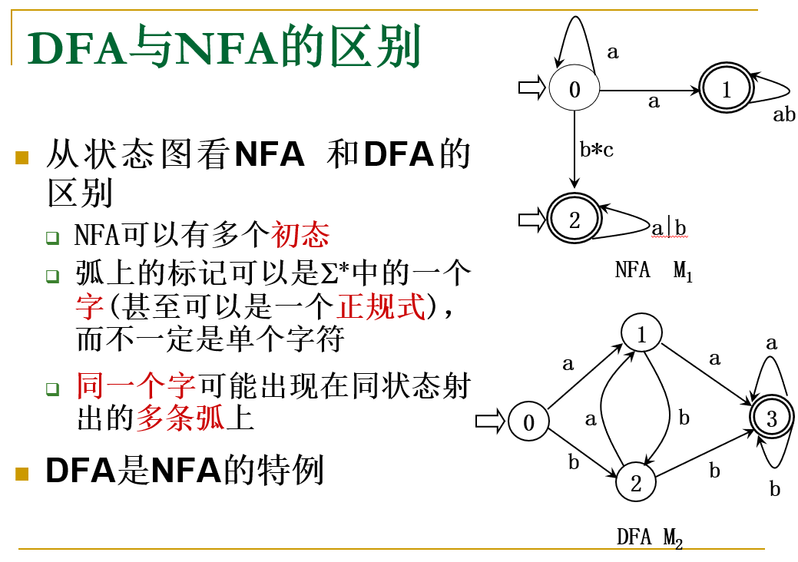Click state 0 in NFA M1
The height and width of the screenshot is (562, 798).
[x=574, y=89]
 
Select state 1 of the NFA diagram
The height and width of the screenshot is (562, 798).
[x=726, y=90]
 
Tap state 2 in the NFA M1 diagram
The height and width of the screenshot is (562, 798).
[x=574, y=220]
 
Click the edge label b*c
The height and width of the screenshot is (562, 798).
[x=597, y=150]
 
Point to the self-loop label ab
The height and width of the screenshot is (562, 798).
[x=783, y=115]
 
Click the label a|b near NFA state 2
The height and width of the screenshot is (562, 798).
[x=669, y=228]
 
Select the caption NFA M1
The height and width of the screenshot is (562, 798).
[x=654, y=271]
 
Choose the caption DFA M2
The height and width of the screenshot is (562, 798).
[x=649, y=537]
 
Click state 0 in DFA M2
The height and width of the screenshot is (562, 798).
[x=528, y=421]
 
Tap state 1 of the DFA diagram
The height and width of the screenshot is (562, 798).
[x=642, y=334]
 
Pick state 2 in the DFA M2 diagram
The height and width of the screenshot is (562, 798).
[x=636, y=483]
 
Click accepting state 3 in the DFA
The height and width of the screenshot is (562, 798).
[x=771, y=418]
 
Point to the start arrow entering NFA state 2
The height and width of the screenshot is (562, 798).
[x=531, y=220]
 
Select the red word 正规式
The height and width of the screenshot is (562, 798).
[x=382, y=307]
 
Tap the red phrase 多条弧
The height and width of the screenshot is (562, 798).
[x=180, y=418]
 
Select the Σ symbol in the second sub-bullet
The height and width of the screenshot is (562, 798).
[x=328, y=273]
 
